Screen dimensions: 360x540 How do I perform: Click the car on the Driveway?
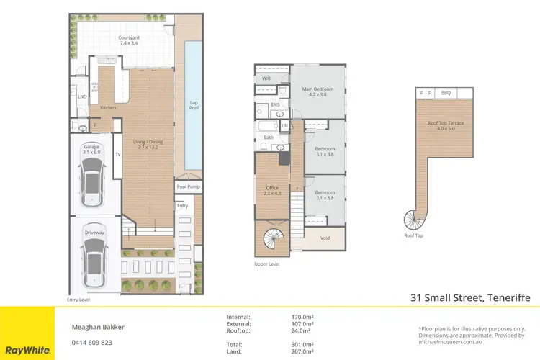[x=93, y=262]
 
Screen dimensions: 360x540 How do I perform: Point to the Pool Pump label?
[x=188, y=186]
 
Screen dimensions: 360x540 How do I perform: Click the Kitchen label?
[x=108, y=107]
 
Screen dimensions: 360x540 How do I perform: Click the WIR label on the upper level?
[x=266, y=77]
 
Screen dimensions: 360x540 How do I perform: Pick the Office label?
[x=272, y=190]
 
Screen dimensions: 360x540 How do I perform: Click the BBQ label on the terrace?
[x=446, y=92]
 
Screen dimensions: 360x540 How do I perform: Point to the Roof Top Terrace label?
[x=446, y=126]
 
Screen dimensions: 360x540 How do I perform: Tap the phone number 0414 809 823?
[x=91, y=343]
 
